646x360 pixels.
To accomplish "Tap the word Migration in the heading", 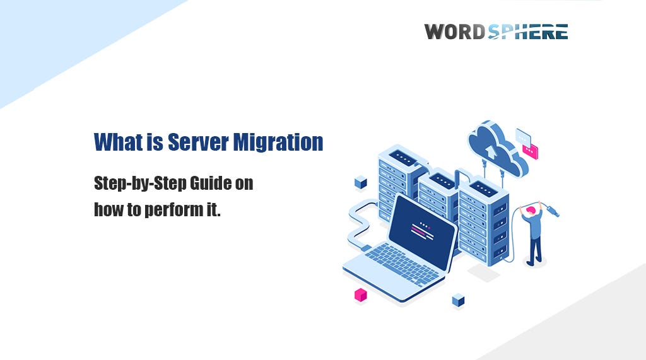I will pos(278,142).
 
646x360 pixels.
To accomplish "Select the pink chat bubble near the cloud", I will pos(531,151).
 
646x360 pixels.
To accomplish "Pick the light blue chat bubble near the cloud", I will pos(523,136).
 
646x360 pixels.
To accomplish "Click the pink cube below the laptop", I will pos(360,294).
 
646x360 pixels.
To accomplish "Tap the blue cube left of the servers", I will pos(361,183).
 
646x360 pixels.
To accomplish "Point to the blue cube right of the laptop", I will pos(458,300).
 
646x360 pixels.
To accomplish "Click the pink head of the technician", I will pos(531,209).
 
